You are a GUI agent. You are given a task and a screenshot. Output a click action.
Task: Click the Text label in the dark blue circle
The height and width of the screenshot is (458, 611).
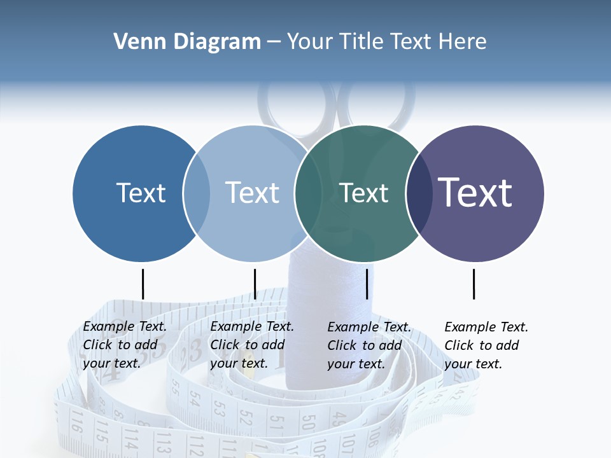[141, 193]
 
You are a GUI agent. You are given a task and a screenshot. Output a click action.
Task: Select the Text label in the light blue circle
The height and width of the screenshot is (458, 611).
[252, 193]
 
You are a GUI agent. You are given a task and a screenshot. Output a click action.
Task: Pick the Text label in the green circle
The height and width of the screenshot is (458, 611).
[363, 193]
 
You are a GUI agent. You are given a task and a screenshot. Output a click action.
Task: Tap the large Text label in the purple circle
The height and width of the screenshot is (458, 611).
[475, 192]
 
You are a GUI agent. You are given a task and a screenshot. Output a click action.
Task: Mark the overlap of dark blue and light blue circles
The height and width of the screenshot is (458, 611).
[197, 193]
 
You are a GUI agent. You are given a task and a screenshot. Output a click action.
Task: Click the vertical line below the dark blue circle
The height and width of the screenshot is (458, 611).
[143, 284]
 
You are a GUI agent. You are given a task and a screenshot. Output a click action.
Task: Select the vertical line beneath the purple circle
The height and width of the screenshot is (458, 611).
[474, 284]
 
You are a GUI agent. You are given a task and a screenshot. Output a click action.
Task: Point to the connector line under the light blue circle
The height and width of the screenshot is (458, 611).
[255, 284]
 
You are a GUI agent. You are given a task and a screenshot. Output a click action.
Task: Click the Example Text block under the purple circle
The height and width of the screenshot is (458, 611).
[486, 345]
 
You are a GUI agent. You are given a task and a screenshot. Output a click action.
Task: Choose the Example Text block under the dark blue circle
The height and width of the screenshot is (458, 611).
[124, 345]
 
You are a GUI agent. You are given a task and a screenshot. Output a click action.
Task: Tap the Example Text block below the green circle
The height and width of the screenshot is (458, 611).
[369, 345]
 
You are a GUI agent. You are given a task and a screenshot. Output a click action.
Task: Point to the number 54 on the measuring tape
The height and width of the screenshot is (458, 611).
[194, 400]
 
